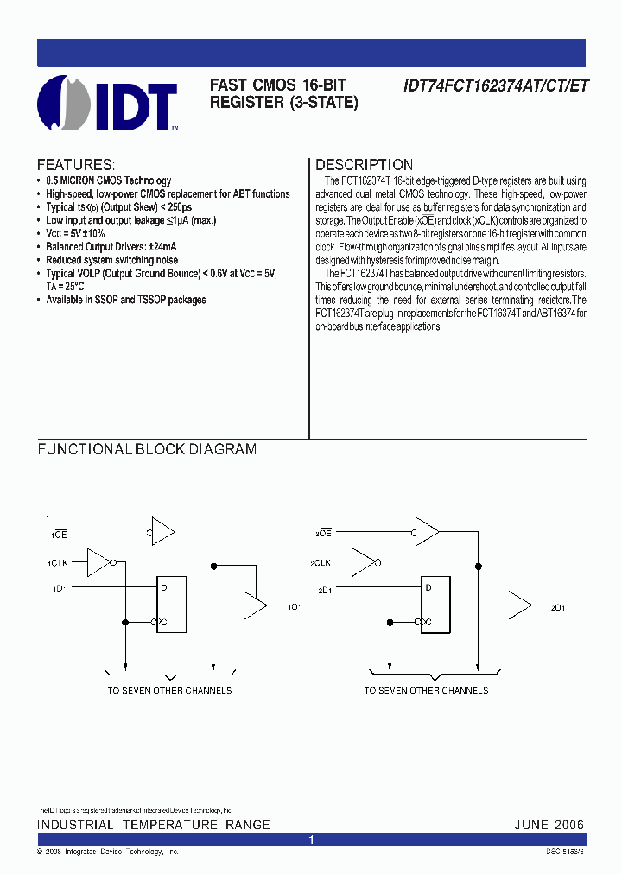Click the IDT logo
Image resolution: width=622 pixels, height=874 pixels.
[108, 104]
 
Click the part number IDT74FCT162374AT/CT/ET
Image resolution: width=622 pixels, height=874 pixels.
[494, 86]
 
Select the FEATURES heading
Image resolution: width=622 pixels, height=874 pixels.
[75, 165]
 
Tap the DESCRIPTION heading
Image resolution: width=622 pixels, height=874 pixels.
[366, 165]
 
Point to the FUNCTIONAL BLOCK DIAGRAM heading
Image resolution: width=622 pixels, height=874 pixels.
[147, 449]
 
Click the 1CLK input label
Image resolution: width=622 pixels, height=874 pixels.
[58, 563]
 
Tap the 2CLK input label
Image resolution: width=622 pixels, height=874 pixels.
[321, 563]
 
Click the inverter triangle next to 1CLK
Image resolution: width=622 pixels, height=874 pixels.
[103, 562]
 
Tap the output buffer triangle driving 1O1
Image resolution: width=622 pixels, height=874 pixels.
[255, 606]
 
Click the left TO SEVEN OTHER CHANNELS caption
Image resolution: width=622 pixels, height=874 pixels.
[169, 690]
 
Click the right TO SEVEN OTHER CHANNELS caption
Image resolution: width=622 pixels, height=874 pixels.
[426, 690]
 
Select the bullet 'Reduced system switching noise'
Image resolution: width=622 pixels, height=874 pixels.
[112, 260]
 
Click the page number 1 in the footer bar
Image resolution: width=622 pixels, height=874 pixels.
[311, 839]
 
